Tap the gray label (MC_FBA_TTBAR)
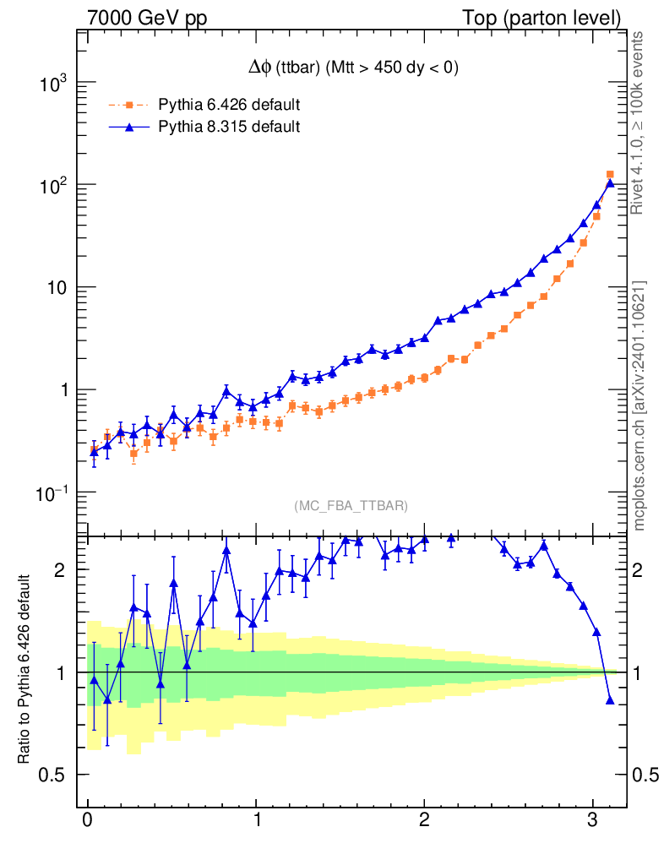click(351, 506)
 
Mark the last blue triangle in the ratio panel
click(610, 699)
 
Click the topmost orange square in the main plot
click(610, 174)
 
